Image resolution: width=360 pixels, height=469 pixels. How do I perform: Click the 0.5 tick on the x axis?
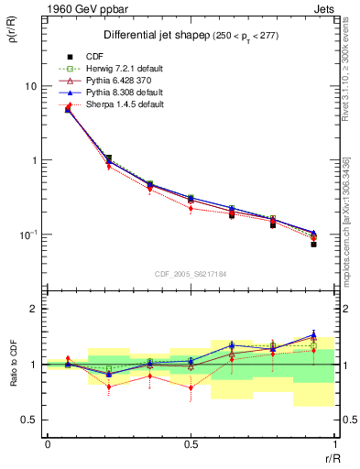(191, 444)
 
